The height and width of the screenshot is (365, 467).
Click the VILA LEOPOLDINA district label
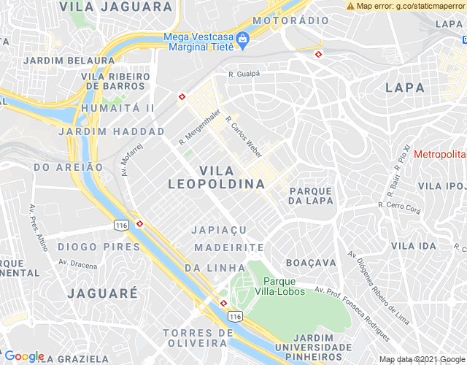pos(217,177)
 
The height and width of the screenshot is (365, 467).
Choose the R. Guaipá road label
pos(244,74)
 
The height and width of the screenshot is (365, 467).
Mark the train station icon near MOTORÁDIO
pos(318,54)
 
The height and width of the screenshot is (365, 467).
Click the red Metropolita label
pos(439,155)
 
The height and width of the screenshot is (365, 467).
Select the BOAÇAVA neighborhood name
pos(311,262)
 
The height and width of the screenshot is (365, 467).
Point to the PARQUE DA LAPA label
pos(311,196)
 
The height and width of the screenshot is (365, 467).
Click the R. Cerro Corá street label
pos(400,206)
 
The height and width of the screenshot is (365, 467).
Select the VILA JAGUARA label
pos(117,7)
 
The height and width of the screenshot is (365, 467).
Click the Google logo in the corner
pos(24,356)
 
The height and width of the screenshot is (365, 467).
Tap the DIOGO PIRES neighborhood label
pos(99,247)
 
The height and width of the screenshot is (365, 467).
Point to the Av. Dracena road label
pos(77,264)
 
